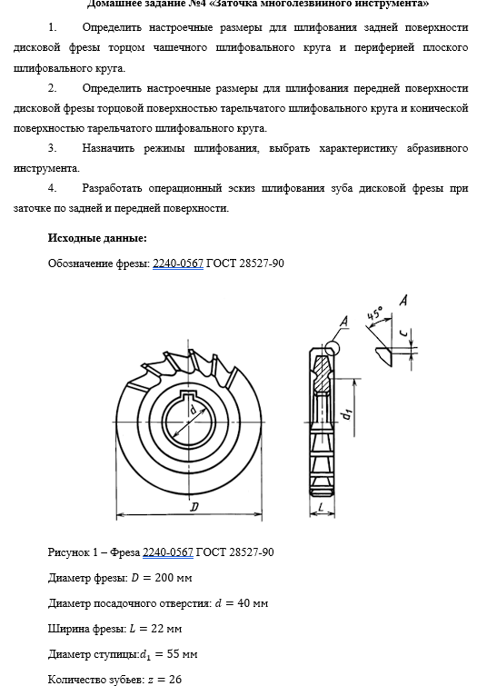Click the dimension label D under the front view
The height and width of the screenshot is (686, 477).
pyautogui.click(x=194, y=507)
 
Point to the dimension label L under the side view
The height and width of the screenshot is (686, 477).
pyautogui.click(x=321, y=507)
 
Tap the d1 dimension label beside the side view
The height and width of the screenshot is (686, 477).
pyautogui.click(x=347, y=413)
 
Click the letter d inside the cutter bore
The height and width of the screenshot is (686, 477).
pyautogui.click(x=193, y=410)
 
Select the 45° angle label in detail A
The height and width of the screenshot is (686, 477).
pyautogui.click(x=374, y=313)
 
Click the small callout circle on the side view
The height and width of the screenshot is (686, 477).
pyautogui.click(x=332, y=348)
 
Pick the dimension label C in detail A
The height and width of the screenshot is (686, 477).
pyautogui.click(x=405, y=333)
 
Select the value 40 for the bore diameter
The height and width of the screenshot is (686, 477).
pyautogui.click(x=243, y=603)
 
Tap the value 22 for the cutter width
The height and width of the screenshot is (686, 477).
pyautogui.click(x=157, y=628)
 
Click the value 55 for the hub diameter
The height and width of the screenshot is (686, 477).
pyautogui.click(x=174, y=653)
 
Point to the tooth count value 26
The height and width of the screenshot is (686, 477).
pyautogui.click(x=175, y=679)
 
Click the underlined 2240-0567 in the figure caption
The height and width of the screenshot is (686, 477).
pyautogui.click(x=168, y=552)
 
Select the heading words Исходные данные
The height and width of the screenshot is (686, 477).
pyautogui.click(x=97, y=238)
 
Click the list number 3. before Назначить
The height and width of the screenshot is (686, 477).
pyautogui.click(x=52, y=148)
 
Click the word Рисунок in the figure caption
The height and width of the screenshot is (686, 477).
pyautogui.click(x=69, y=552)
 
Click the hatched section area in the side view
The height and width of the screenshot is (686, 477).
pyautogui.click(x=323, y=374)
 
